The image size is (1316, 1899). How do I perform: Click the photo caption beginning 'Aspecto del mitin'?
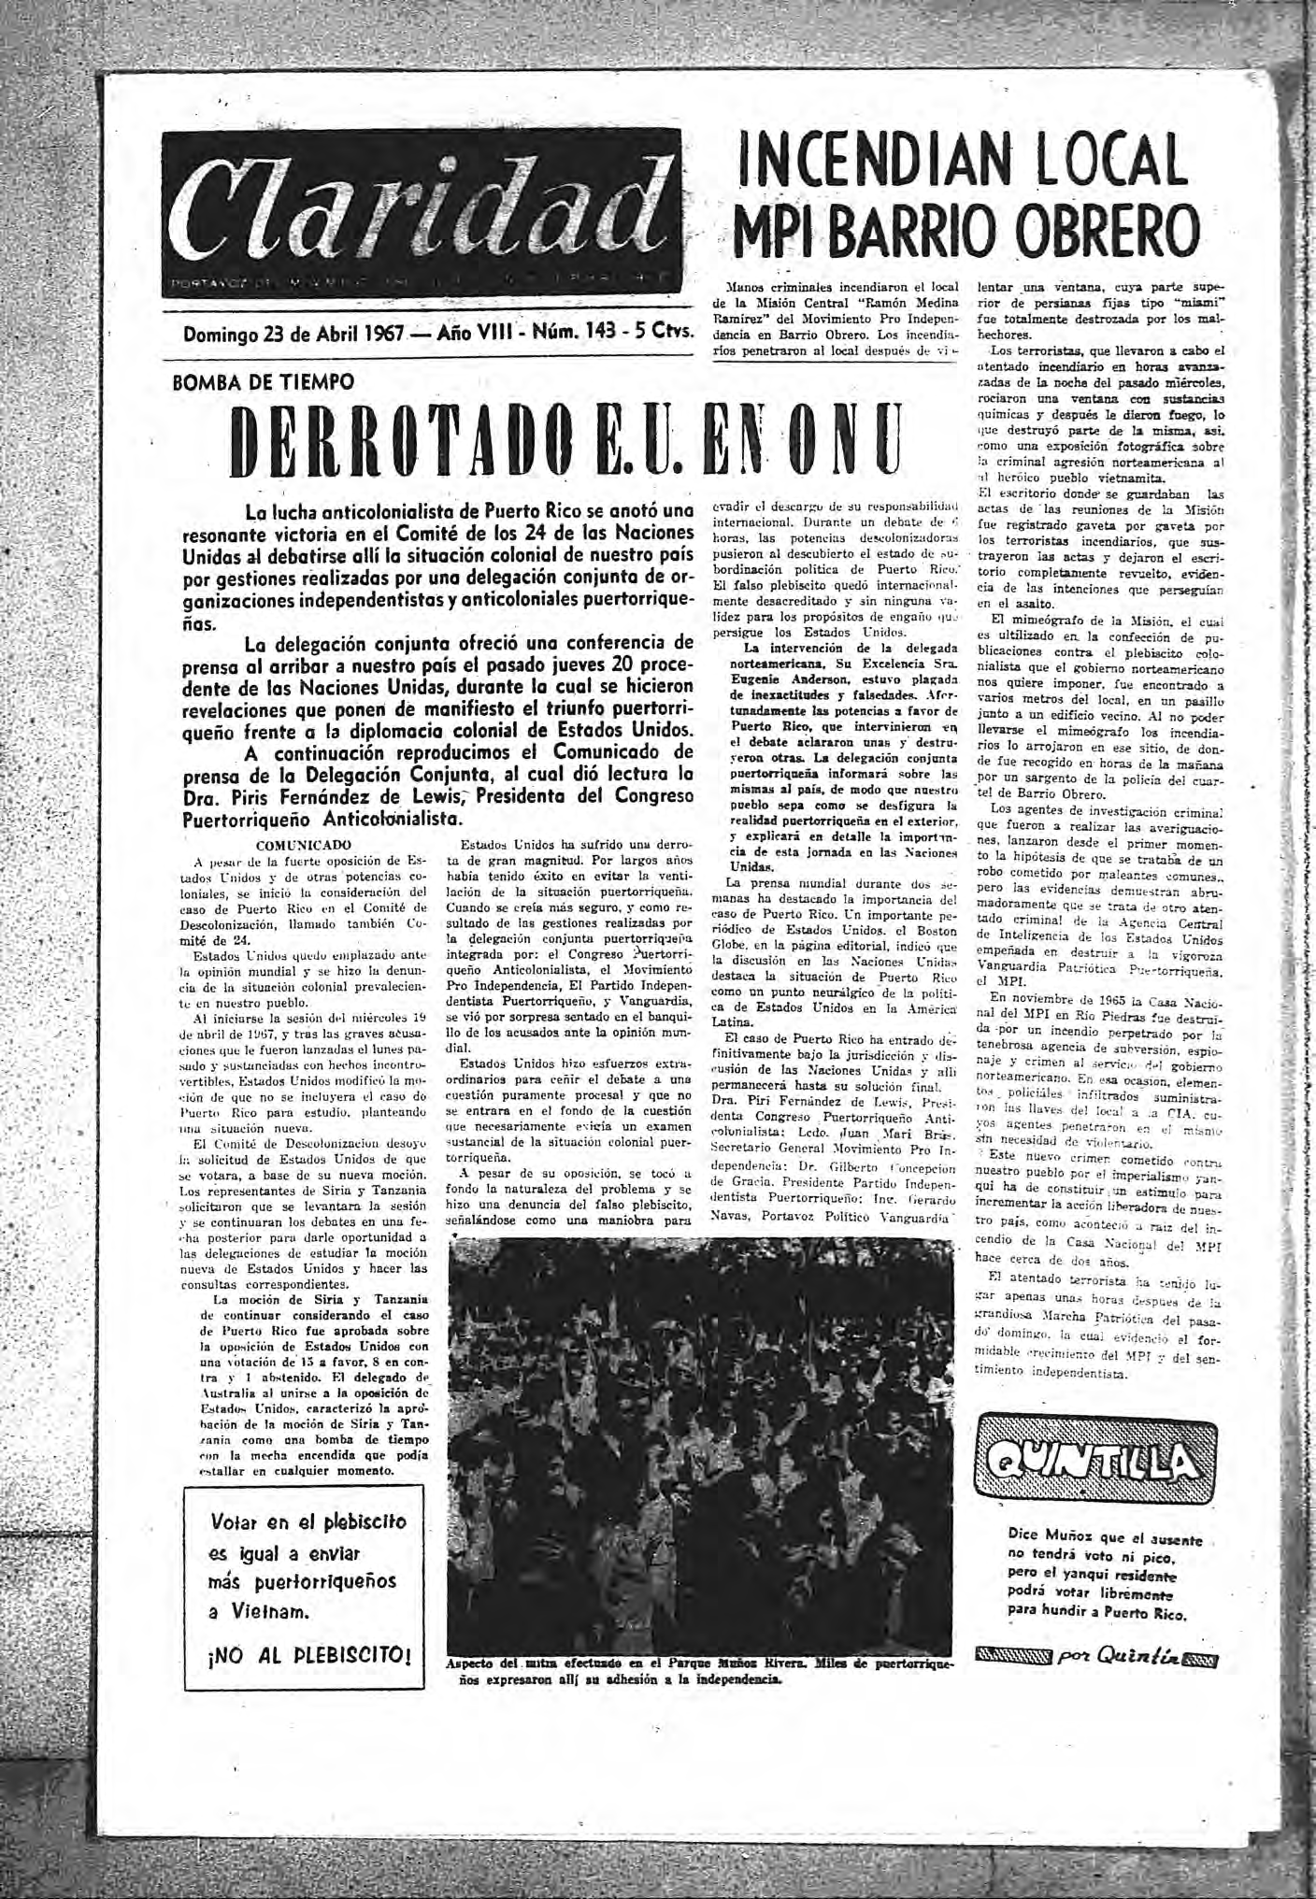pos(701,1669)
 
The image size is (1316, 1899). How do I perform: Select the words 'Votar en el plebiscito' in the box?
pos(309,1521)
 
